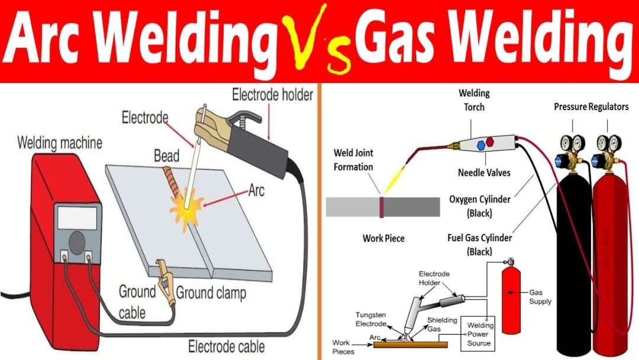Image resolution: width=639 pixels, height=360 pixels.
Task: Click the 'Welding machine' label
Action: coord(59,143)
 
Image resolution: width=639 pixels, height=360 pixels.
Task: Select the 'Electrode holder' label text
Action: coord(272,95)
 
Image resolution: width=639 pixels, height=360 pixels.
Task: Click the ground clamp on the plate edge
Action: coord(165,282)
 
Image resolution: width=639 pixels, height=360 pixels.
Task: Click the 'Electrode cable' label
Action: coord(226,346)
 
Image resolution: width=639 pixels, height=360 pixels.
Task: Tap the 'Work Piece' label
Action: coord(383,238)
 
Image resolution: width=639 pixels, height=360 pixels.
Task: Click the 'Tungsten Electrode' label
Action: coord(371,319)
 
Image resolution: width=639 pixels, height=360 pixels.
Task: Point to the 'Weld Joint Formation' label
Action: coord(353,160)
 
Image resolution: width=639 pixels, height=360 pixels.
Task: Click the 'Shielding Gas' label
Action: coord(442,324)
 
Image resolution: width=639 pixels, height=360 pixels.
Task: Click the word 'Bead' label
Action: coord(166,156)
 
